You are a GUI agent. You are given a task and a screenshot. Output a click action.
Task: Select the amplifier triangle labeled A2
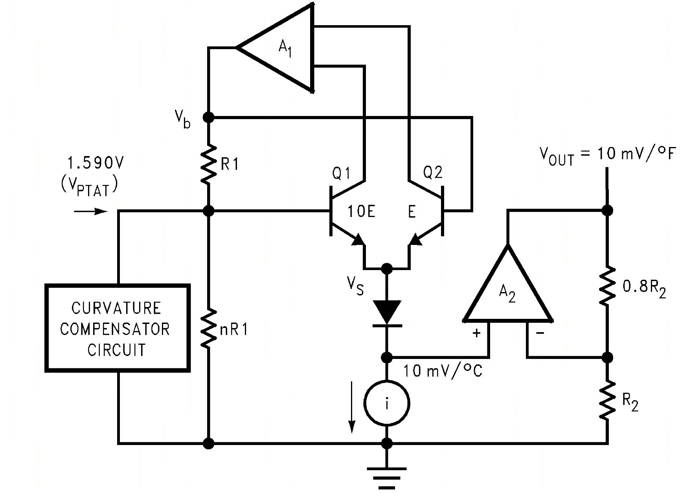[x=508, y=293]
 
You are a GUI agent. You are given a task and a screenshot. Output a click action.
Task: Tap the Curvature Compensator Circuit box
[x=118, y=328]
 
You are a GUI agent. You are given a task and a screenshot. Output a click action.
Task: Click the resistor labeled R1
[x=209, y=164]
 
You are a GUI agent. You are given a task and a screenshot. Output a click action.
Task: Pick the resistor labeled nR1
[x=209, y=328]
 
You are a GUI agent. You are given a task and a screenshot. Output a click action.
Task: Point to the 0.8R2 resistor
[x=608, y=286]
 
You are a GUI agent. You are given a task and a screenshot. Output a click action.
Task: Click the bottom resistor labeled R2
[x=608, y=400]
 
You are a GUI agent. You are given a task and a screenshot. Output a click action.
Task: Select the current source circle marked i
[x=387, y=403]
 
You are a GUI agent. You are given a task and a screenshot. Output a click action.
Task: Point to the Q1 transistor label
[x=341, y=173]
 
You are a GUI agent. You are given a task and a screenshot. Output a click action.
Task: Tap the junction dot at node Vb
[x=209, y=117]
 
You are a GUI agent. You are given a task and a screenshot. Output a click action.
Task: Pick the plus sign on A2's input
[x=476, y=333]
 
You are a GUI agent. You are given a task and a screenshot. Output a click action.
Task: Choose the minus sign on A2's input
[x=540, y=333]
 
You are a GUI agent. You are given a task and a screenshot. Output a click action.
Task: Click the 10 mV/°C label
[x=443, y=371]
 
